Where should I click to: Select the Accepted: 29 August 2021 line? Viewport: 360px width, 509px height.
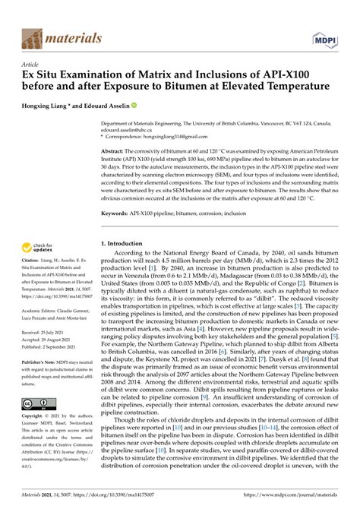click(51, 340)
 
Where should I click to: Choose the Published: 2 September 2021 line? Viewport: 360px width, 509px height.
click(54, 346)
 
